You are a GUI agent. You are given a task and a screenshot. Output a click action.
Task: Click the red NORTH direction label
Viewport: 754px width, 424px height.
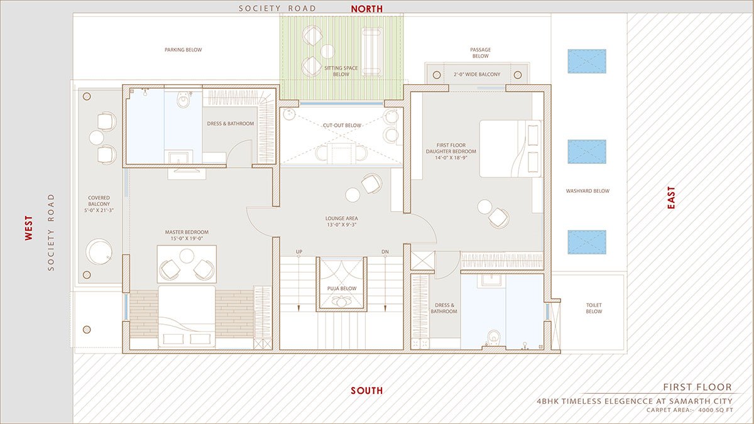pos(367,8)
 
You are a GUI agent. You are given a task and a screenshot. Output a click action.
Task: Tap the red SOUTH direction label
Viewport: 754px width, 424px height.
pos(366,391)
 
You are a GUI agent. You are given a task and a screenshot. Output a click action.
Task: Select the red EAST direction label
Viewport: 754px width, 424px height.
pos(671,197)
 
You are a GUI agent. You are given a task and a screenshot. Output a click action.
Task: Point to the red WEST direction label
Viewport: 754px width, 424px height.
pos(28,228)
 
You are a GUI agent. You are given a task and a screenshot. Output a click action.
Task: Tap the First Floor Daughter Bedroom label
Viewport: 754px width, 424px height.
pos(451,151)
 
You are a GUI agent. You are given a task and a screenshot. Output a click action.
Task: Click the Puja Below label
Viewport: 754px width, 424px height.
pos(342,288)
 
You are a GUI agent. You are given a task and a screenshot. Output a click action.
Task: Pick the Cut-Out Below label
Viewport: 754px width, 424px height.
pos(342,126)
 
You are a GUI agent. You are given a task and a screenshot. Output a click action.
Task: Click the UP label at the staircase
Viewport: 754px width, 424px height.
pos(299,252)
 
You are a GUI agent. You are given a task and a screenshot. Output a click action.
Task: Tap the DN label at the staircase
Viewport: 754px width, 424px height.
pos(385,252)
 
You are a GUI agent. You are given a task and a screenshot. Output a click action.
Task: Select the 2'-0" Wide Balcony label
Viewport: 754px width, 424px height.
pos(477,75)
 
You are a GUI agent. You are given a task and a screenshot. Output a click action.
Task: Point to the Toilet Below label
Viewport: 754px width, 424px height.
pos(594,307)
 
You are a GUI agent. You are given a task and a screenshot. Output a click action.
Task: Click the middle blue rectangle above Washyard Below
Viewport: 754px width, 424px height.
pos(586,152)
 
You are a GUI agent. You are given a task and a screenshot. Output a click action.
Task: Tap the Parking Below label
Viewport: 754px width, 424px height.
pos(183,50)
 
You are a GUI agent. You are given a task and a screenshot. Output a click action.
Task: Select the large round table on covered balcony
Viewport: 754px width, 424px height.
pos(99,252)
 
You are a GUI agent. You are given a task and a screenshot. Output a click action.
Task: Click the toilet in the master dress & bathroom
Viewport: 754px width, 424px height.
pos(183,99)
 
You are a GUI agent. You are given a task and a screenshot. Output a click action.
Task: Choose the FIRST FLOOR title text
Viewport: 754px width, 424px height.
pos(697,387)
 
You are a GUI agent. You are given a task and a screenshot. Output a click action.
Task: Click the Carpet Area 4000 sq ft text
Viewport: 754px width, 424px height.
pos(689,410)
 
